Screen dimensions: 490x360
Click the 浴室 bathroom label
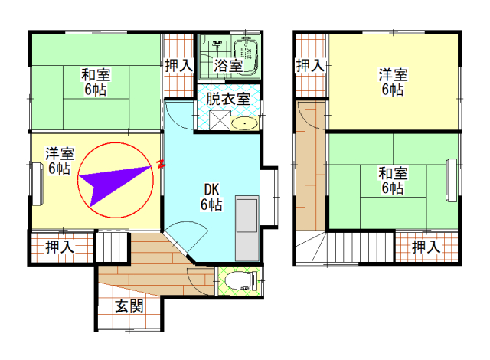pos(228,66)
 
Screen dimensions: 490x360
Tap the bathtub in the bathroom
pos(247,55)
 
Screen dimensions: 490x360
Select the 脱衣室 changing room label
pos(228,99)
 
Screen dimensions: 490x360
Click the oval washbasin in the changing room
pos(245,123)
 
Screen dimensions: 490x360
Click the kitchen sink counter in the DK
pos(247,228)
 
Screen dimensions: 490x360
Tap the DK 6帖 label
pos(211,197)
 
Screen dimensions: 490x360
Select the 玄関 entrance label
pos(129,306)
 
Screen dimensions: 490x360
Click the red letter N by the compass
pos(161,164)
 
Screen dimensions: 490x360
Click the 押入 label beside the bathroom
pos(178,66)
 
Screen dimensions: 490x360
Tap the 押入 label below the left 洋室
pos(60,247)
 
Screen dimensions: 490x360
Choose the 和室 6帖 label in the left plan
pos(96,82)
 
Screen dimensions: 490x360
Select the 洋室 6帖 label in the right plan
pos(393,82)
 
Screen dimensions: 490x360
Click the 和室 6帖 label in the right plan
pos(393,181)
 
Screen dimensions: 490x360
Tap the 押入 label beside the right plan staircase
pos(426,247)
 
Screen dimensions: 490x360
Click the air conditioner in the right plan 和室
pos(452,180)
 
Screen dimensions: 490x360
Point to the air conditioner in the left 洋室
pos(38,185)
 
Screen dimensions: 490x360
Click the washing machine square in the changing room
pos(220,120)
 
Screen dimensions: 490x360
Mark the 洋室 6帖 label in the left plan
pos(60,161)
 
